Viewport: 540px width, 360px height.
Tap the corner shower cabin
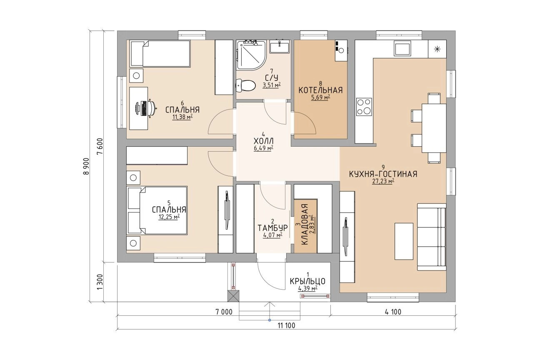point(251,55)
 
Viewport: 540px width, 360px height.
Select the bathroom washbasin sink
point(280,47)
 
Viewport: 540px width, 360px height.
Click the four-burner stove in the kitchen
point(364,106)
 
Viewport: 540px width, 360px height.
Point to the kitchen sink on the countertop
point(402,48)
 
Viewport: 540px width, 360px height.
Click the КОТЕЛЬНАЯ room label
point(320,90)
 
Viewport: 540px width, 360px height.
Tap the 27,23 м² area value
point(383,181)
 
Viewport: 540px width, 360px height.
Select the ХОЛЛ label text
point(263,141)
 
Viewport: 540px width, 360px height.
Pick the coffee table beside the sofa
point(404,241)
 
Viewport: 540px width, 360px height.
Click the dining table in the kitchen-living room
point(434,128)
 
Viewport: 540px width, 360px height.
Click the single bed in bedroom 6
point(160,53)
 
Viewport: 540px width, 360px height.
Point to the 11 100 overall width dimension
point(286,326)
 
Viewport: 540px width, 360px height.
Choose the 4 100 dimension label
point(393,312)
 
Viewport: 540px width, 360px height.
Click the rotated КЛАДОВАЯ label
point(305,225)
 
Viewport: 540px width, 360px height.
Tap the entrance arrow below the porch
point(270,311)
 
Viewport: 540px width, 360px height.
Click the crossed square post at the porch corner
point(234,296)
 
